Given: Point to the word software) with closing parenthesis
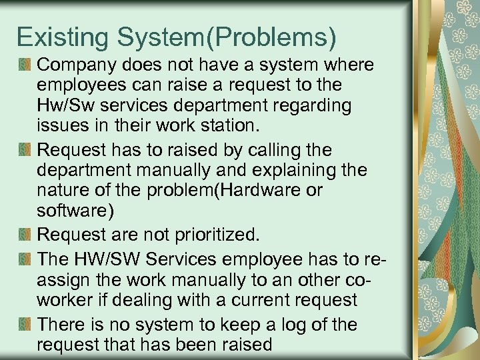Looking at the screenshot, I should [76, 211].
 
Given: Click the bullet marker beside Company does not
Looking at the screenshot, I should [25, 66].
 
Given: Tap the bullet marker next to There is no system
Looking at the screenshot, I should [25, 325].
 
